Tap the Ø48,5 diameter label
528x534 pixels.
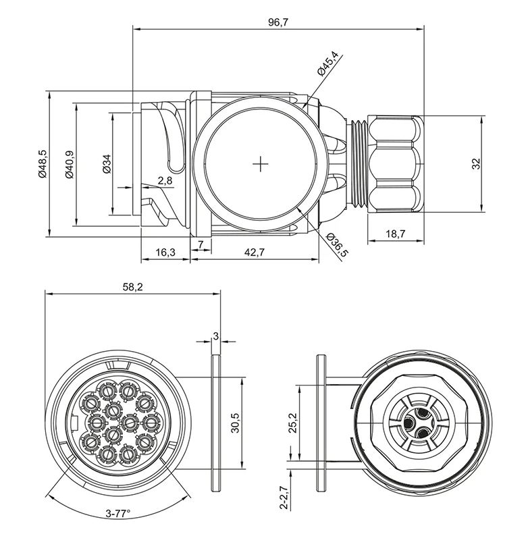42,163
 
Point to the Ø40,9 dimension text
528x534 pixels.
68,163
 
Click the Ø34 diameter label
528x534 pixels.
106,164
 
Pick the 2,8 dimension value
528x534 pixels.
165,180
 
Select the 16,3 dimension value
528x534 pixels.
165,252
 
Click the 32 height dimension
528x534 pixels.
475,163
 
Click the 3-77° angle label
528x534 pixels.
117,514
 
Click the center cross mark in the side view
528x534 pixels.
261,164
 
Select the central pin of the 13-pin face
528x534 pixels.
129,423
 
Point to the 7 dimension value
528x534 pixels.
201,243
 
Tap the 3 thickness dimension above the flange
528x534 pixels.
216,335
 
